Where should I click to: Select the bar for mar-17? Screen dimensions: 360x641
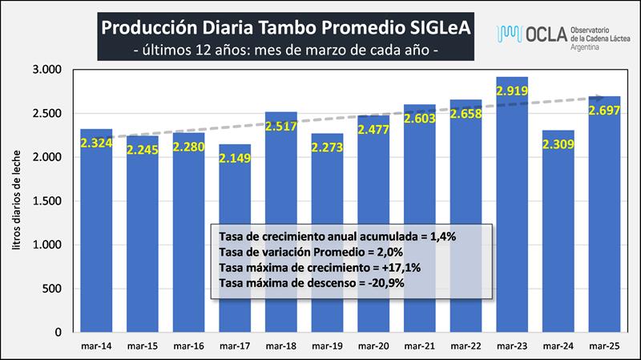point(235,241)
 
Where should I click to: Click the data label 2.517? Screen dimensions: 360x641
point(281,126)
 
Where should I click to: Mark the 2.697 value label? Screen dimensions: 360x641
point(604,110)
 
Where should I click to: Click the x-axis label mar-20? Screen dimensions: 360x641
point(373,346)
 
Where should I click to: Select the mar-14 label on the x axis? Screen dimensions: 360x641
point(96,346)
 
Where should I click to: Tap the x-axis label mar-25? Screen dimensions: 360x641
point(604,346)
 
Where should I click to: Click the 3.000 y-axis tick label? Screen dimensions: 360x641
point(46,70)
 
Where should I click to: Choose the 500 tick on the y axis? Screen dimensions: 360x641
point(50,289)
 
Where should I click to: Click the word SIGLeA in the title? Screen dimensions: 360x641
point(437,28)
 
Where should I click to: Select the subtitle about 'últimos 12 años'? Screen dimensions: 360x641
point(285,50)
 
